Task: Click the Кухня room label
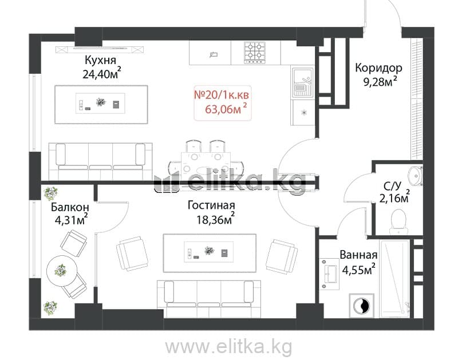click(100, 61)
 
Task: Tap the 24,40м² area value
click(102, 73)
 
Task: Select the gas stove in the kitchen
click(255, 53)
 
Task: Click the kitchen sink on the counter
click(303, 82)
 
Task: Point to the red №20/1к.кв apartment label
click(222, 95)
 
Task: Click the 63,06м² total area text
click(226, 109)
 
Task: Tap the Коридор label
click(378, 68)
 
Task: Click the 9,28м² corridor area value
click(380, 81)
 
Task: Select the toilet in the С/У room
click(398, 221)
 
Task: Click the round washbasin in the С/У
click(415, 176)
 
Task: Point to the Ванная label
click(358, 255)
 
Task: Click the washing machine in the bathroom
click(361, 306)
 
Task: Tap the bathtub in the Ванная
click(394, 279)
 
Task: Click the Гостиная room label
click(211, 205)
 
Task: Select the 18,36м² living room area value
click(216, 219)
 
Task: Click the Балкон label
click(70, 207)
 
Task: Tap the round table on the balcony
click(62, 271)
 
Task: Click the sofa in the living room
click(209, 299)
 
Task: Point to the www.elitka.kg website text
click(228, 347)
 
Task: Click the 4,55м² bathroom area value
click(359, 269)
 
